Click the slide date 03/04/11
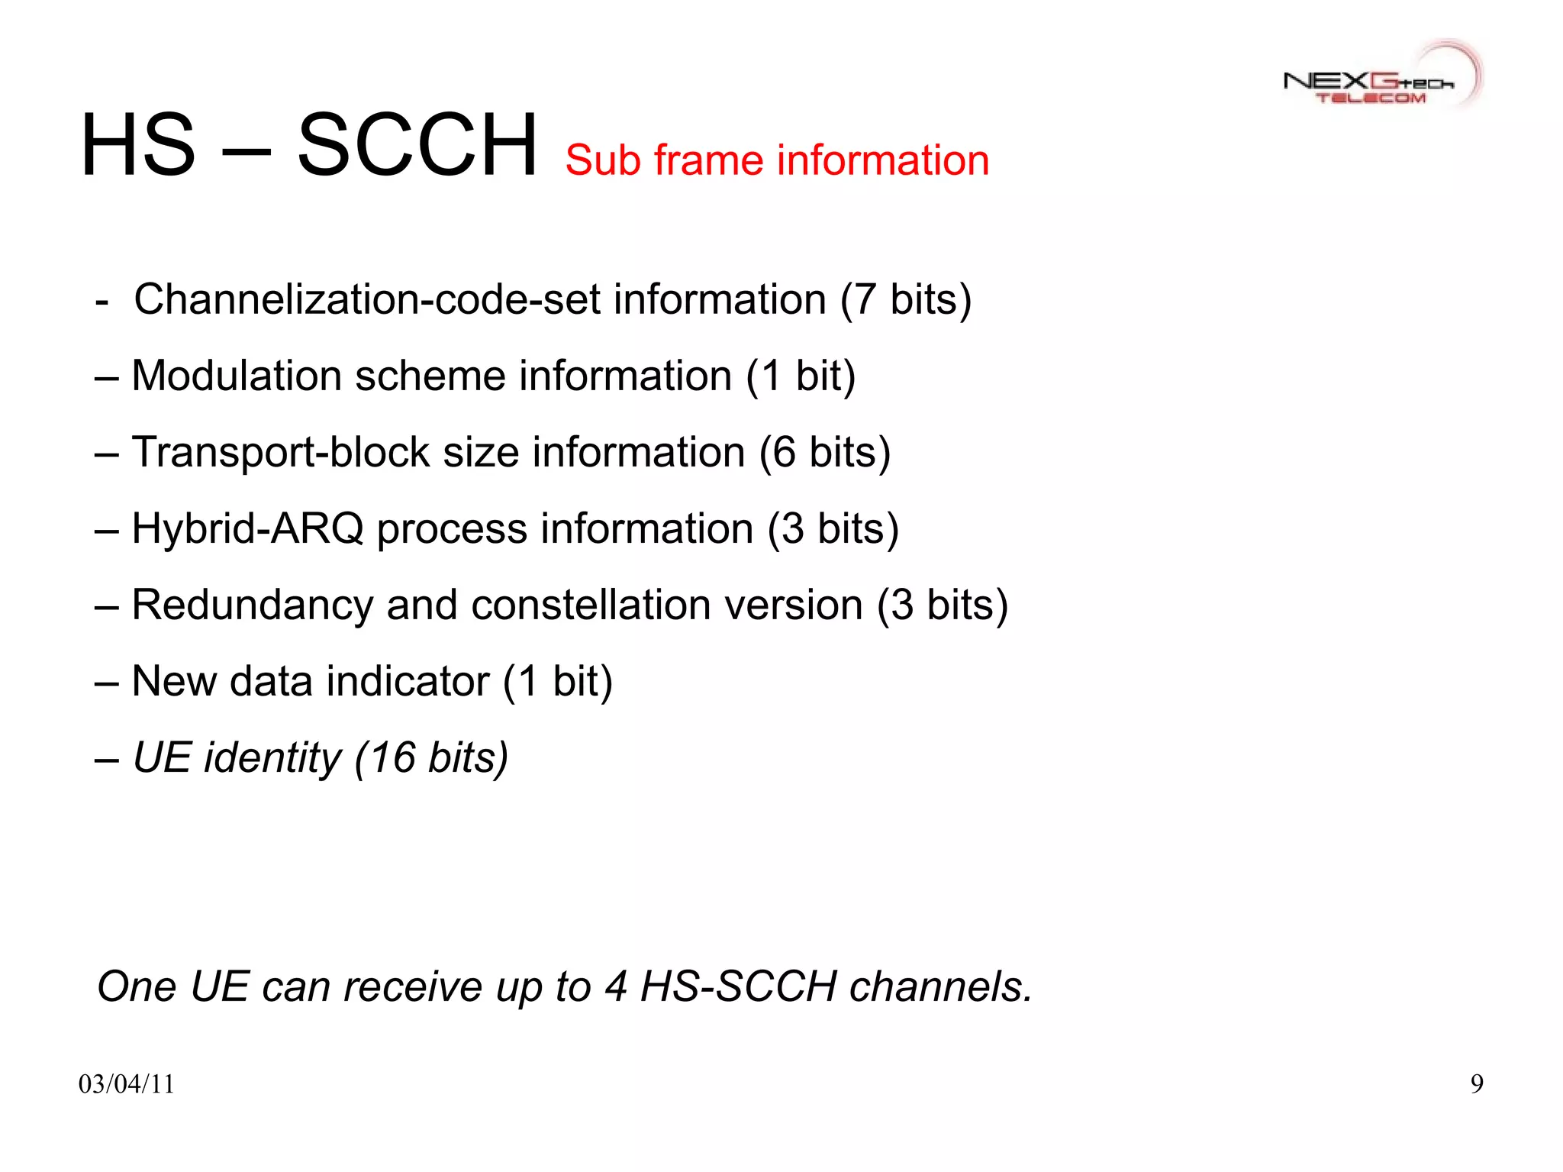(127, 1083)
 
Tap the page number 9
(1477, 1083)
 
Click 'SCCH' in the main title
(417, 145)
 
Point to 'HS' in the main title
(138, 145)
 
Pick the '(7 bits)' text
(905, 299)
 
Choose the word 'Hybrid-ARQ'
(247, 528)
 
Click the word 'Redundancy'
(252, 605)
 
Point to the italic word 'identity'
(272, 757)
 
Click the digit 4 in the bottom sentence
(615, 986)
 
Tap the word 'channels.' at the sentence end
(941, 986)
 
